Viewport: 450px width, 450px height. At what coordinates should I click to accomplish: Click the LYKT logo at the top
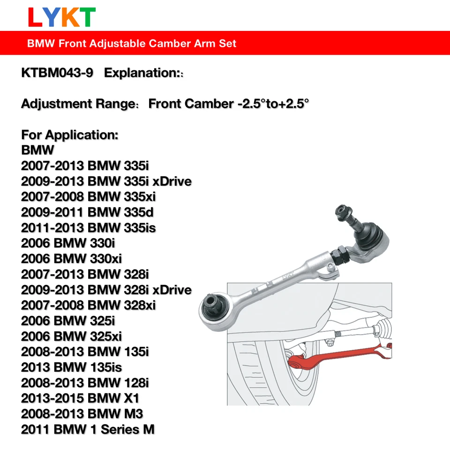(x=62, y=17)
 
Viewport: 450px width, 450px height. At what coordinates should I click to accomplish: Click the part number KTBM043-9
(x=57, y=73)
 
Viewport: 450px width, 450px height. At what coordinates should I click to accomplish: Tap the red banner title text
(x=132, y=44)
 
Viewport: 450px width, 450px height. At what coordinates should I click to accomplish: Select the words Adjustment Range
(x=77, y=104)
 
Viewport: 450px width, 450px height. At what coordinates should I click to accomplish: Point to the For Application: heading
(x=69, y=135)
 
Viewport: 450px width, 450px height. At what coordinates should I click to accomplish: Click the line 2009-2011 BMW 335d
(x=87, y=212)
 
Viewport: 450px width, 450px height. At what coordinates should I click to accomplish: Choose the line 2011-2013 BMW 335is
(x=88, y=228)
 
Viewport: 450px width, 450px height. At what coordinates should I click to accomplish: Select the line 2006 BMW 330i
(x=68, y=243)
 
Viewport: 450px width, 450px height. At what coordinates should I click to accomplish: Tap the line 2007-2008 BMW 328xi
(x=88, y=305)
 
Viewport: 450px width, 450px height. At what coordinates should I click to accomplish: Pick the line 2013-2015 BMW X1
(x=80, y=398)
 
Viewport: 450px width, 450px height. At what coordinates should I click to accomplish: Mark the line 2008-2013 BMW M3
(x=82, y=413)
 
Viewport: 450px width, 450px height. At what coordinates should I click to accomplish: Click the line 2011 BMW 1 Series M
(x=88, y=429)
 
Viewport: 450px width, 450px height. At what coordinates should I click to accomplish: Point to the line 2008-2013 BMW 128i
(x=85, y=382)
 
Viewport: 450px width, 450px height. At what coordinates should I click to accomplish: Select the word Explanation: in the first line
(x=140, y=73)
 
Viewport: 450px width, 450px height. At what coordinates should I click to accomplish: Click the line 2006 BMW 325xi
(x=71, y=336)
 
